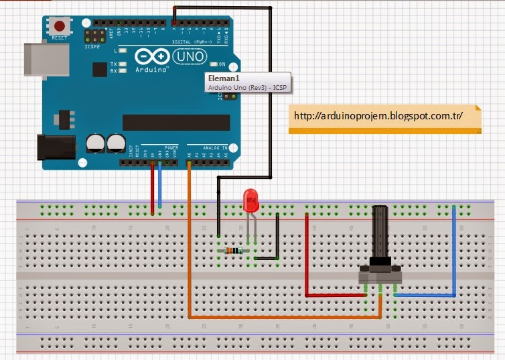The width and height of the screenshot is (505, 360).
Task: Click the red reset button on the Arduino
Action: [x=60, y=27]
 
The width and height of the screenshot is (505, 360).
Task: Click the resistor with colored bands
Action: [x=233, y=251]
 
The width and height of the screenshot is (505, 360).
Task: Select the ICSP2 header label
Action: [x=92, y=47]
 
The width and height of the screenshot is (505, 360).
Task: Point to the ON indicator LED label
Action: [x=222, y=64]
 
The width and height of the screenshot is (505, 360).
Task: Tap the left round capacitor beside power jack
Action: [x=95, y=142]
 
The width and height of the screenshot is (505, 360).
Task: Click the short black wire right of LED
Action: [x=277, y=238]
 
